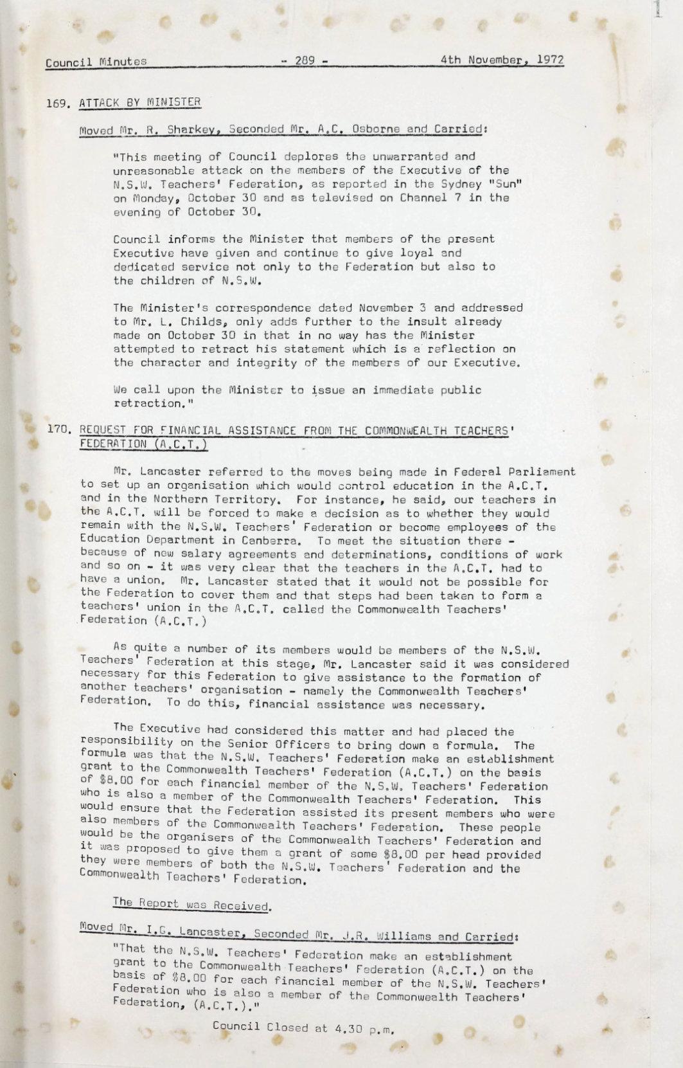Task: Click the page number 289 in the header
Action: click(304, 62)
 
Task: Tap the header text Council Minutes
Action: click(96, 62)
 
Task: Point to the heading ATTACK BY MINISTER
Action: click(140, 102)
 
